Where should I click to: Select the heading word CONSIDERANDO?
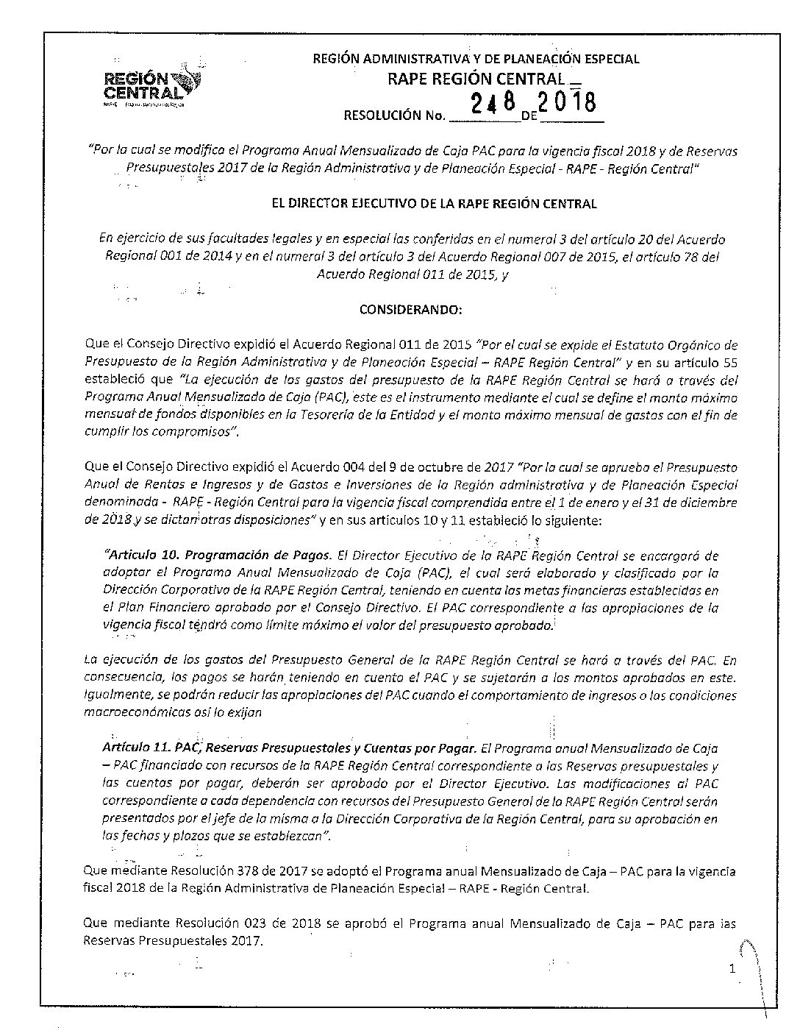[x=410, y=310]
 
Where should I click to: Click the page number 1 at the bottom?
[x=732, y=969]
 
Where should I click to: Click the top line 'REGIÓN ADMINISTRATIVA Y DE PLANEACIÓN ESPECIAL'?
[x=476, y=59]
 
